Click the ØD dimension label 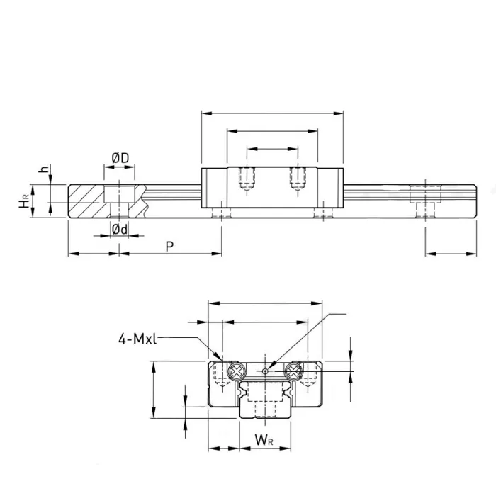120,157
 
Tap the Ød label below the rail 120,228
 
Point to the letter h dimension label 43,171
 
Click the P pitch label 169,246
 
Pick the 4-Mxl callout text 137,339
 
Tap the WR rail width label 264,441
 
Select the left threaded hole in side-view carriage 247,179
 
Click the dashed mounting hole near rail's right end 424,198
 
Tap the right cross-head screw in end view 293,371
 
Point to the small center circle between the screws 265,371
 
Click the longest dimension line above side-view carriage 273,112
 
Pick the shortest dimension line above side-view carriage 273,149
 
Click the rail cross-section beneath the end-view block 264,400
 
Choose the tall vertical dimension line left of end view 154,390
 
